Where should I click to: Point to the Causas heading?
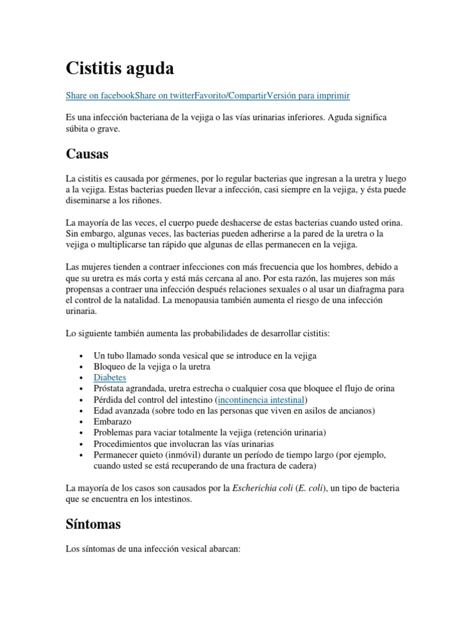(x=89, y=153)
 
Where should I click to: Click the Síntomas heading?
(x=93, y=524)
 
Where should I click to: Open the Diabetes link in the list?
(x=110, y=376)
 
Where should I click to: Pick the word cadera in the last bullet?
(x=299, y=465)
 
